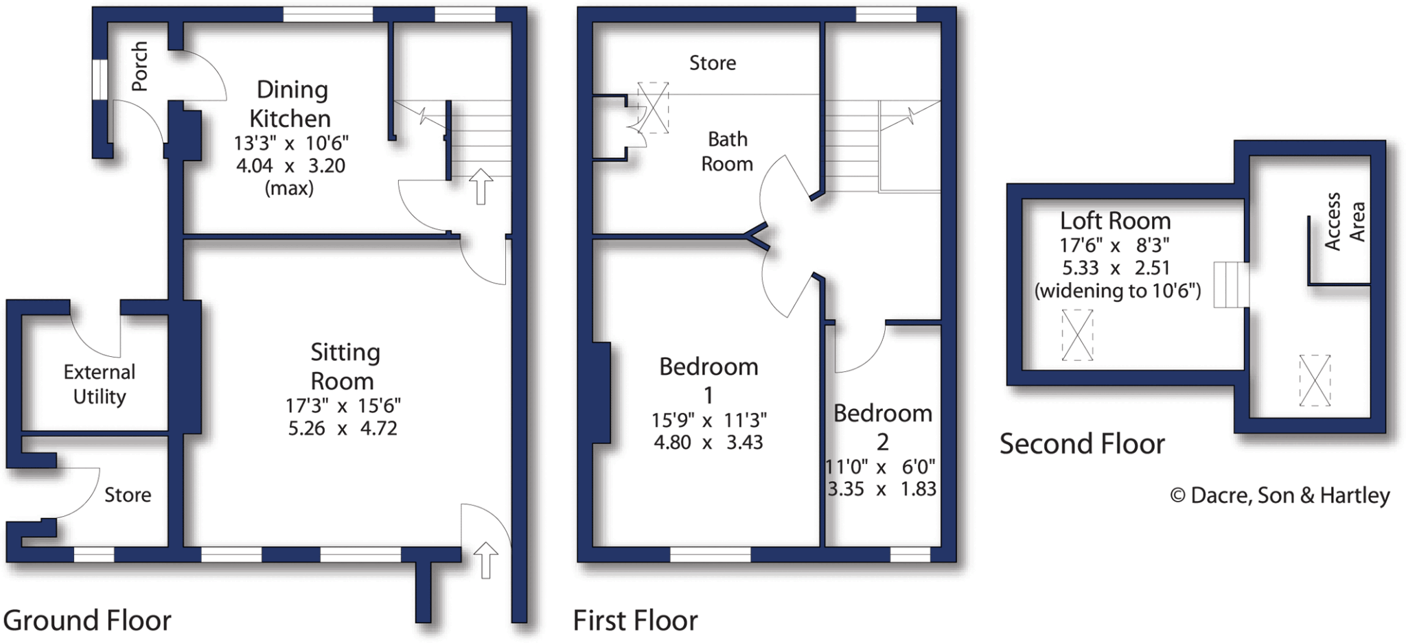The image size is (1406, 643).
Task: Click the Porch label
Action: click(139, 66)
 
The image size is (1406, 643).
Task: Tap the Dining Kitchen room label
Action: click(291, 104)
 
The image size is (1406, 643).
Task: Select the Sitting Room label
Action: click(344, 366)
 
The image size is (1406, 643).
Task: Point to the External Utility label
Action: click(100, 384)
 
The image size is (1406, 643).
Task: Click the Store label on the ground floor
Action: click(128, 495)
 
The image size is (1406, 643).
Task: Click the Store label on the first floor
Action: click(713, 63)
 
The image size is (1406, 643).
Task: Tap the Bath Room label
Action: click(727, 151)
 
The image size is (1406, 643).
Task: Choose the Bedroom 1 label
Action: click(708, 381)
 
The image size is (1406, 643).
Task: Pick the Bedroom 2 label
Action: click(883, 427)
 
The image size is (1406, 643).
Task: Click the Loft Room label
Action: click(1115, 221)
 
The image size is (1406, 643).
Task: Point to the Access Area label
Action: click(1344, 221)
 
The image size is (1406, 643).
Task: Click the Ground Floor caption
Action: click(87, 620)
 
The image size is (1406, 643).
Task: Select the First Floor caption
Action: click(635, 620)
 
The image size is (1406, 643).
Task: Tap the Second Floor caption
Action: click(1082, 444)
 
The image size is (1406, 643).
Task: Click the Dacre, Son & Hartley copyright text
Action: click(1280, 495)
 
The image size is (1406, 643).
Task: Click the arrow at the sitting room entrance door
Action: click(485, 559)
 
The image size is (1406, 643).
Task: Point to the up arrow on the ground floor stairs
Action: click(481, 186)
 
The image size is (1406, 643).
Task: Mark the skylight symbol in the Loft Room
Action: click(1077, 335)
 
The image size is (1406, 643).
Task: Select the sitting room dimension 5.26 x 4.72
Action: click(343, 428)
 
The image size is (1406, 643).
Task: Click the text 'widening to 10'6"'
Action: click(1118, 291)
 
